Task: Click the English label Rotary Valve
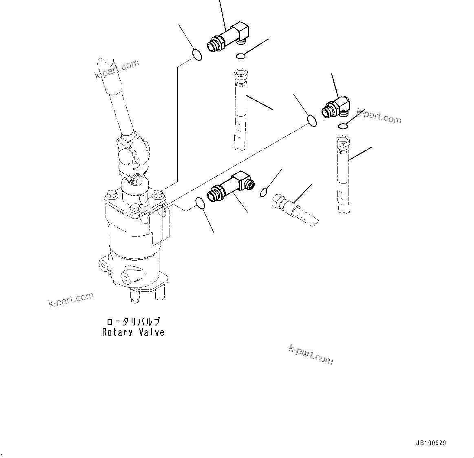pos(133,332)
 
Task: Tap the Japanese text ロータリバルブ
pos(133,322)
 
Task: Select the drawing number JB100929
pos(431,443)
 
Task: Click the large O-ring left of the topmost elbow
pos(196,54)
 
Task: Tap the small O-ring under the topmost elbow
pos(241,56)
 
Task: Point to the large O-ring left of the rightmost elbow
pos(311,121)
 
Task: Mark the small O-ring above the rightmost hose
pos(343,126)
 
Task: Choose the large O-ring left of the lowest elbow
pos(200,202)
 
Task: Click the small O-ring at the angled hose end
pos(264,191)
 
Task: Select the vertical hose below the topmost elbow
pos(240,110)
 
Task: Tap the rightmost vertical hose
pos(343,175)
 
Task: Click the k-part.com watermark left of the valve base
pos(71,299)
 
